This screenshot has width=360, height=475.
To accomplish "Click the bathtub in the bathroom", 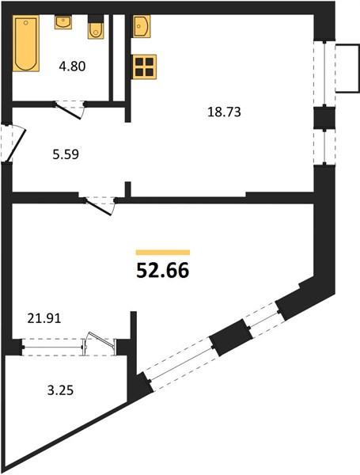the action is tap(26, 44).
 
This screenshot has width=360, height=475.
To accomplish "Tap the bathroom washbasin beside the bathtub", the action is tap(63, 22).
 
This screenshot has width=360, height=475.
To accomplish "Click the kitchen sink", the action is tap(142, 26).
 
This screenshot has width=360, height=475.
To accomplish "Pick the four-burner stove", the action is tap(144, 67).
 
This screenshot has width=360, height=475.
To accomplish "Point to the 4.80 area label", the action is tap(72, 66).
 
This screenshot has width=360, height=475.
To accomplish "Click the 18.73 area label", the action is tap(224, 112).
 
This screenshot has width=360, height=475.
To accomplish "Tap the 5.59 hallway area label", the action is tap(66, 154).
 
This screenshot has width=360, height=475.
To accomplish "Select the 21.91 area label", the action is tap(44, 318).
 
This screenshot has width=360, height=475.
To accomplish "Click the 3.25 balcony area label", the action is tap(61, 390).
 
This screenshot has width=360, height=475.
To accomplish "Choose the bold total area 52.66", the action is tap(163, 271).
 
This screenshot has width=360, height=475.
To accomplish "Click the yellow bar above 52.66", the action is tap(163, 253).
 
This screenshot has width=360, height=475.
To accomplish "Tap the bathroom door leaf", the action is tap(68, 111).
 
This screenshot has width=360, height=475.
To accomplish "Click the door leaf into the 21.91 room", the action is tap(98, 207).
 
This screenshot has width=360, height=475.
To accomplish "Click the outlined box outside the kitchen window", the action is tap(347, 68).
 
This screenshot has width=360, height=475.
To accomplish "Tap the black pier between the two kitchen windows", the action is tap(324, 117).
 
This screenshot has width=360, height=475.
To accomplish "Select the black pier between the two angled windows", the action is tap(232, 337).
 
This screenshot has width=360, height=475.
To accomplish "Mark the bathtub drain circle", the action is tap(26, 22).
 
